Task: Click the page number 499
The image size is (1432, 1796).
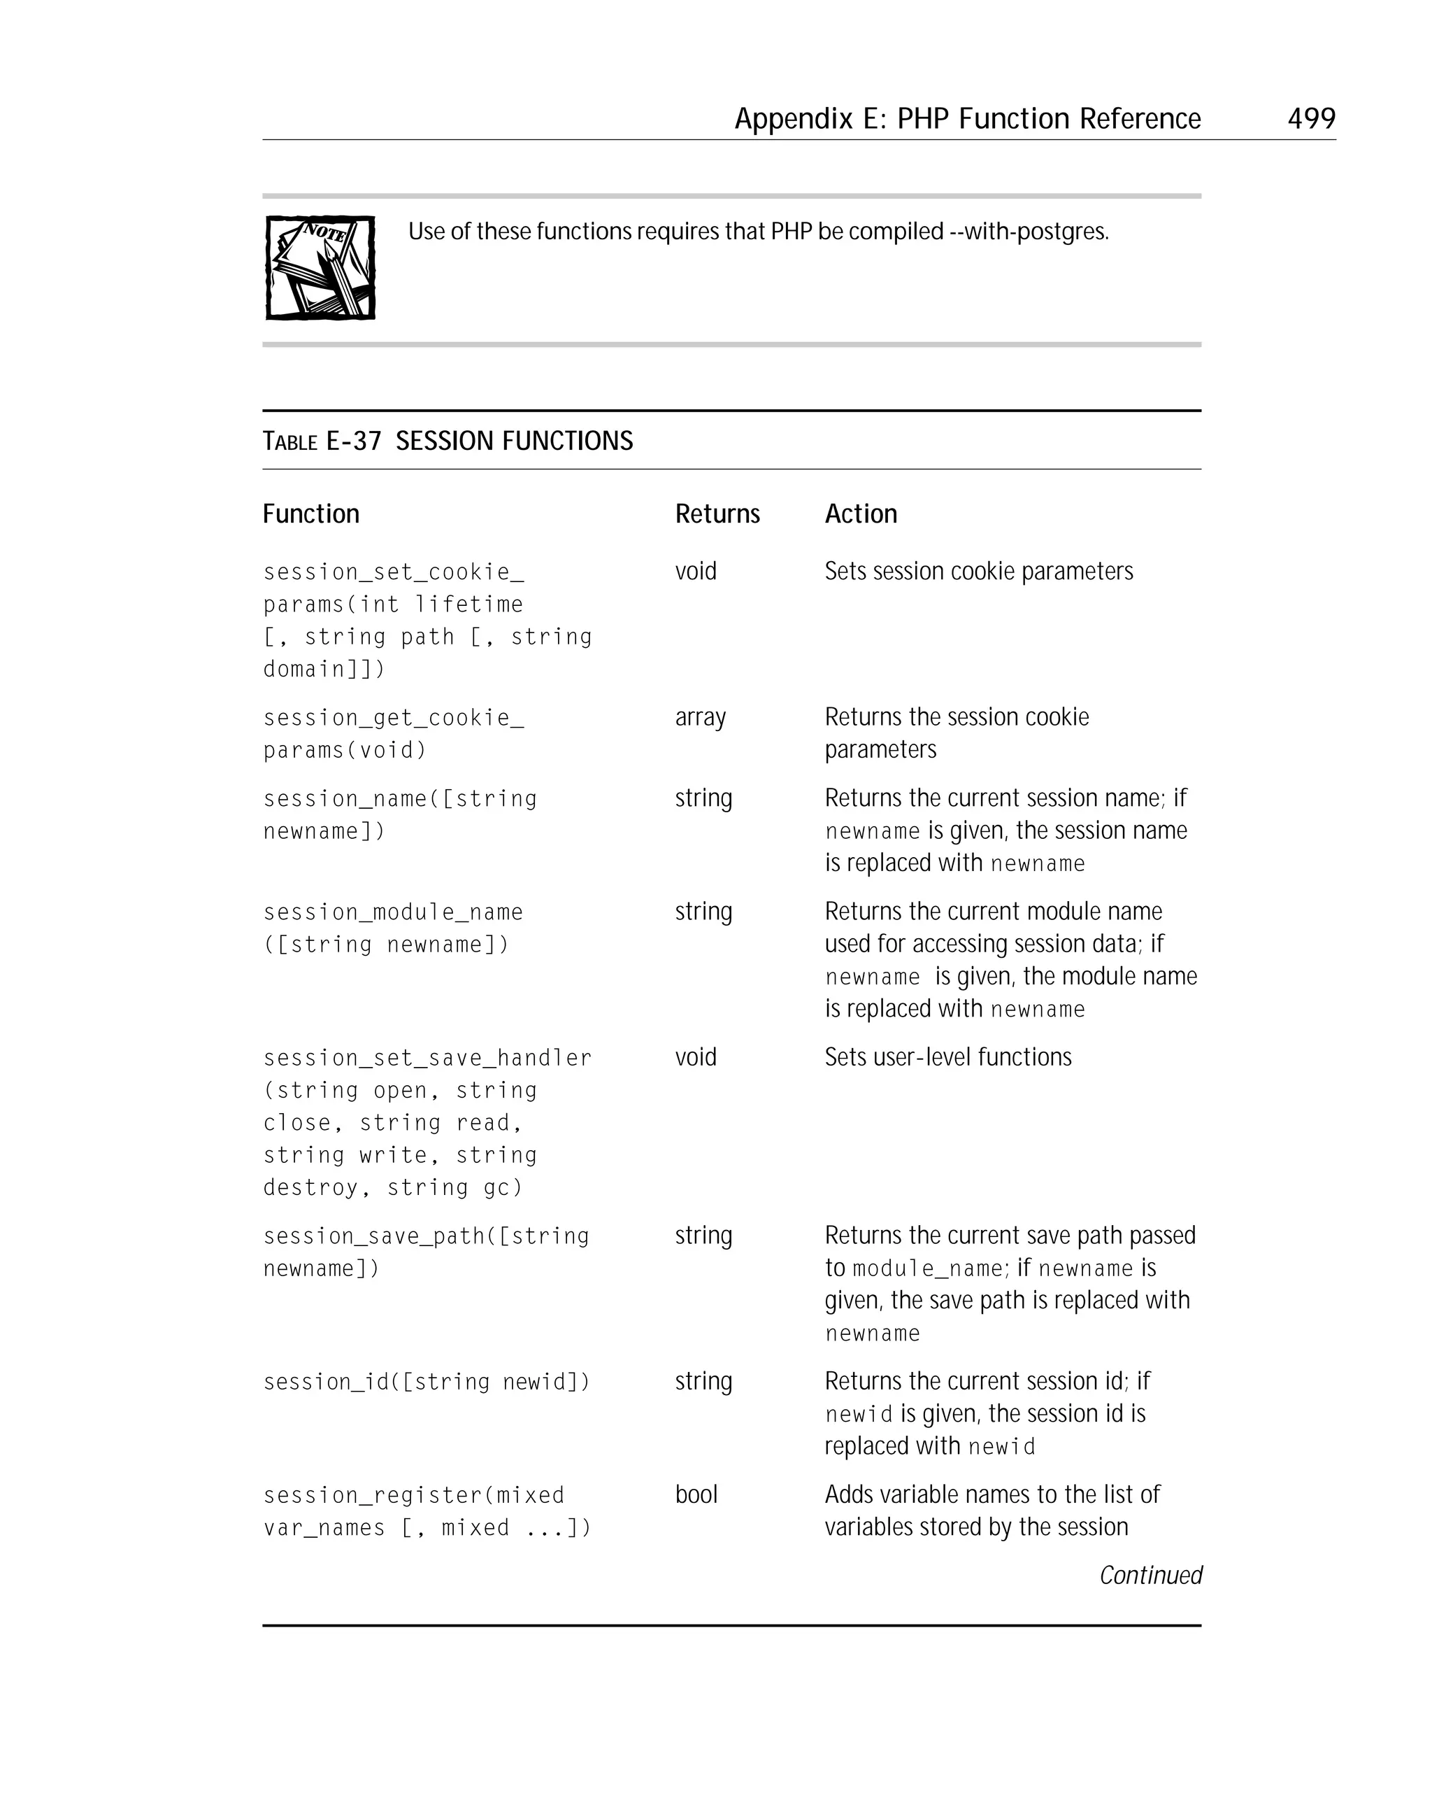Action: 1310,118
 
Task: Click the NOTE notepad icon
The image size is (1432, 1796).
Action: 320,267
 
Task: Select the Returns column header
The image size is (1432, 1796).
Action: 717,514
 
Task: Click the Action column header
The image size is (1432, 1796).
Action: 860,514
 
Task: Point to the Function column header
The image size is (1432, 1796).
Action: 310,514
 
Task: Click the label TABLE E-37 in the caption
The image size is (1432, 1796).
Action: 322,441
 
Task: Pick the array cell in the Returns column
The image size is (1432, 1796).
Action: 700,717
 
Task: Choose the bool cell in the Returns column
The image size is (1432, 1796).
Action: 696,1494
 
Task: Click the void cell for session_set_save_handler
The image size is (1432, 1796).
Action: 695,1057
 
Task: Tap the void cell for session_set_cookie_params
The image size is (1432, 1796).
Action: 695,572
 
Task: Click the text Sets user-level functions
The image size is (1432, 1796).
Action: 947,1057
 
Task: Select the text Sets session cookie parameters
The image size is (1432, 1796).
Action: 978,572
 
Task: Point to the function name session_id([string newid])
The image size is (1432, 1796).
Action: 427,1382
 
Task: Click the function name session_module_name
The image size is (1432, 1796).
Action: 393,912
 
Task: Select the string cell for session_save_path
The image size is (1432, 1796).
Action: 703,1236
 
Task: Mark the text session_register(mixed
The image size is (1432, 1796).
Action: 414,1495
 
